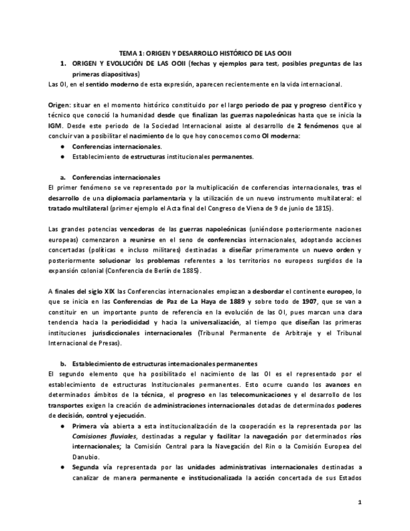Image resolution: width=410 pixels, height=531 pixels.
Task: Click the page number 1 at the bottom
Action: coord(359,502)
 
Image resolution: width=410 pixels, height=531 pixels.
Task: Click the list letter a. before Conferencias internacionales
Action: coord(63,177)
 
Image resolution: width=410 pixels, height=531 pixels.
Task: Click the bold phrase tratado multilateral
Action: coord(78,208)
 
